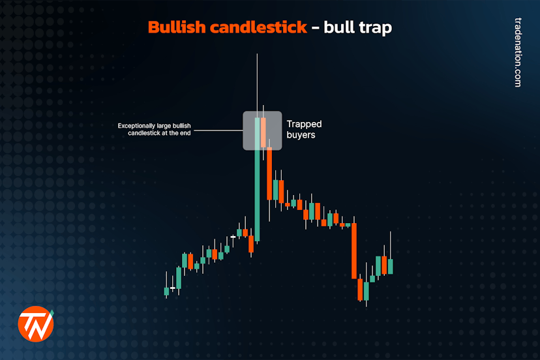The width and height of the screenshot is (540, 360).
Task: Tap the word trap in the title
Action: click(x=375, y=28)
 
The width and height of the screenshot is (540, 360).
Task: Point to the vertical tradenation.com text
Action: click(x=518, y=53)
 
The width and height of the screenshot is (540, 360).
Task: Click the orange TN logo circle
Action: click(x=35, y=323)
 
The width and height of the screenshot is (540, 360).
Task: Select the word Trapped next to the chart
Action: click(x=304, y=124)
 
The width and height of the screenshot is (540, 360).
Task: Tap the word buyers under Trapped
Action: click(x=301, y=135)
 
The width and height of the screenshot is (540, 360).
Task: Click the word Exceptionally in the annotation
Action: click(x=138, y=126)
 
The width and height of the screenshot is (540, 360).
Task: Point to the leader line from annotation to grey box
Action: click(x=218, y=130)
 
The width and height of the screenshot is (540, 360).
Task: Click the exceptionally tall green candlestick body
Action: click(x=258, y=189)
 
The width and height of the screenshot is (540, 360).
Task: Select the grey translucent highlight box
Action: click(x=262, y=130)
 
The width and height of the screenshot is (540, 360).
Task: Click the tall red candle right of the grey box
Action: click(x=269, y=173)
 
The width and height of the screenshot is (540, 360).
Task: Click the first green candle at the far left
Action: click(x=166, y=292)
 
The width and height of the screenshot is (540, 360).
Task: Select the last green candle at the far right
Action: click(x=390, y=266)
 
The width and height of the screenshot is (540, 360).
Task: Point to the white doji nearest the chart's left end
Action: click(x=173, y=288)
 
